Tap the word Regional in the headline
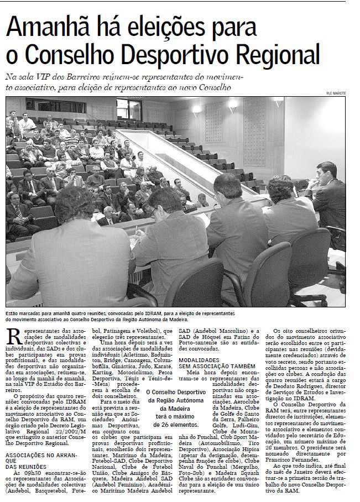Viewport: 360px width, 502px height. coord(278,56)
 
